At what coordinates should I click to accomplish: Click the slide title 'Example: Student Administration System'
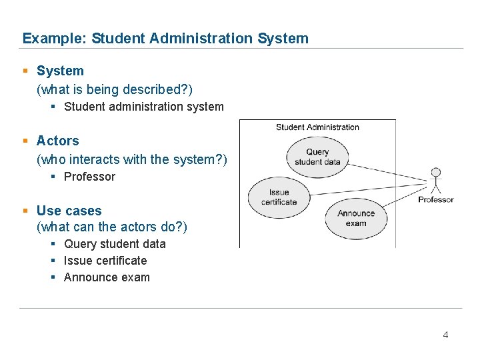point(165,38)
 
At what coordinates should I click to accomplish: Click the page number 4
point(445,335)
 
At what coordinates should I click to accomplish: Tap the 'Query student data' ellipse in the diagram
point(317,157)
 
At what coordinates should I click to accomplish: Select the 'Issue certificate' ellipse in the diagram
point(279,197)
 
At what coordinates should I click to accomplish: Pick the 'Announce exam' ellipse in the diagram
point(356,218)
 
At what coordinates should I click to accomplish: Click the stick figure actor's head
point(436,172)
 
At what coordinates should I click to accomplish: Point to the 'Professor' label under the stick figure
point(436,199)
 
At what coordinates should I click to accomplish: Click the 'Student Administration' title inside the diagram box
point(317,127)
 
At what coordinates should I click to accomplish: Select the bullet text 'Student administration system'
point(143,107)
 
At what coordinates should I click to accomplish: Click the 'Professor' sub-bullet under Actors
point(89,177)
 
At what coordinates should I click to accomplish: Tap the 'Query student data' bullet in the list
point(115,244)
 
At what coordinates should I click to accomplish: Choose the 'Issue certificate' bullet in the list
point(105,261)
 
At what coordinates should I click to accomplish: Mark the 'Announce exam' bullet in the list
point(107,277)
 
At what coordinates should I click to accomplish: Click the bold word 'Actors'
point(57,141)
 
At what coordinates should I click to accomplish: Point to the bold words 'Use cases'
point(69,211)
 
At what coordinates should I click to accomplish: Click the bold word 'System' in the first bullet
point(60,71)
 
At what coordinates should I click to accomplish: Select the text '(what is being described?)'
point(114,89)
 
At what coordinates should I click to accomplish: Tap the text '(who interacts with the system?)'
point(131,159)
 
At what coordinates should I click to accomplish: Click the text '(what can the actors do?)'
point(111,227)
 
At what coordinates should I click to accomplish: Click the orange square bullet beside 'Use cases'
point(25,211)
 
